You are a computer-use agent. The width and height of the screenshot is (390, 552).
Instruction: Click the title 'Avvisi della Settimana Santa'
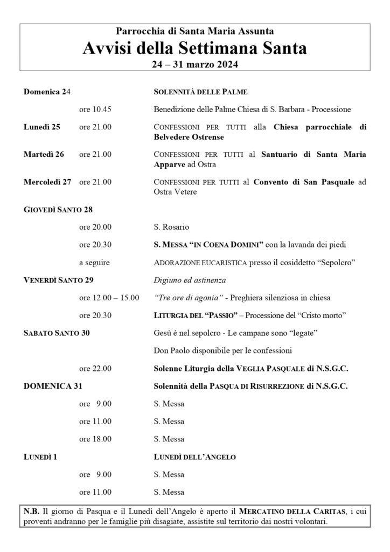point(195,49)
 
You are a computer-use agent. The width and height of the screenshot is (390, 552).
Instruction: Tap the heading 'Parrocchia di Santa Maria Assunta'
point(195,33)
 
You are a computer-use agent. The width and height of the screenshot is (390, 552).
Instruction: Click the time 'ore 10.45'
point(95,109)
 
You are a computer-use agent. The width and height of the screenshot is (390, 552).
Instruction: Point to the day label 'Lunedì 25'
point(42,127)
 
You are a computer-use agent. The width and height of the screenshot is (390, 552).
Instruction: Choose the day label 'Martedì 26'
point(44,154)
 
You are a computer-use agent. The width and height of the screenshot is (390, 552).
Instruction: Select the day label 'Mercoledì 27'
point(47,182)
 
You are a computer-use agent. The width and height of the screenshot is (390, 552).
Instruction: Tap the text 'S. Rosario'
point(172,227)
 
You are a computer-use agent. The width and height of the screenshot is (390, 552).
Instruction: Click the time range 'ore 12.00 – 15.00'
point(109,297)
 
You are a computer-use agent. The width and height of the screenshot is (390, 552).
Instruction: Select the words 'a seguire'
point(94,262)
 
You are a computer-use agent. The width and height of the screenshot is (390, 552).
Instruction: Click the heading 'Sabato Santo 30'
point(57,333)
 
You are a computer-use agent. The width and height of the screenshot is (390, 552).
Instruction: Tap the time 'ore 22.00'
point(95,368)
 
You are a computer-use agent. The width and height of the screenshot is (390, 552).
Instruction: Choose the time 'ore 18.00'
point(95,439)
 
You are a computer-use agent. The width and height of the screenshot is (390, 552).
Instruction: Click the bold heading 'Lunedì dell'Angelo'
point(195,457)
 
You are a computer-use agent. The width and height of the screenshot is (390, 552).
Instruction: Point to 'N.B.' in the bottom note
point(32,510)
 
